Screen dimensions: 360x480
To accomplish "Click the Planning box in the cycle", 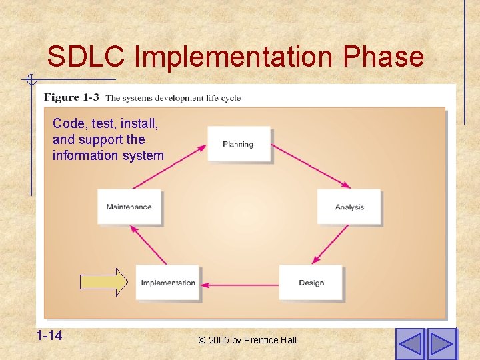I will coord(238,144).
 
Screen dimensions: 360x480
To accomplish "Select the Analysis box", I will coord(349,207).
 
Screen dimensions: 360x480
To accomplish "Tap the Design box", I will coord(311,283).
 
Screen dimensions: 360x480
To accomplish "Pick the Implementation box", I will coord(168,283).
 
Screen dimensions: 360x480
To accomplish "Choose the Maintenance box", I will coord(129,207).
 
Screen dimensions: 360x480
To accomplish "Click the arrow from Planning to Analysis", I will coord(311,166).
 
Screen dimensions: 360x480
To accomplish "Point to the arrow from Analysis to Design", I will coord(331,245).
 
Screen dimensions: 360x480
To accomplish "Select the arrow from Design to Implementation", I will coord(240,284).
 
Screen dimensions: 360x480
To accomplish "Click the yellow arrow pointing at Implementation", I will coord(103,282).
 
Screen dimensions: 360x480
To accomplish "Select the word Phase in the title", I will coord(383,57).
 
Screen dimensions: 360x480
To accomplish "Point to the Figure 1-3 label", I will coord(71,97).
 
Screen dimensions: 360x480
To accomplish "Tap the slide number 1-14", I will coord(50,335).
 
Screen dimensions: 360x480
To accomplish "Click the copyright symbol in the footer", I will coord(202,340).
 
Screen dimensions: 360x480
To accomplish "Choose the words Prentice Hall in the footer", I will coord(270,340).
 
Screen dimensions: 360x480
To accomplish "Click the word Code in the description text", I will coord(67,123).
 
